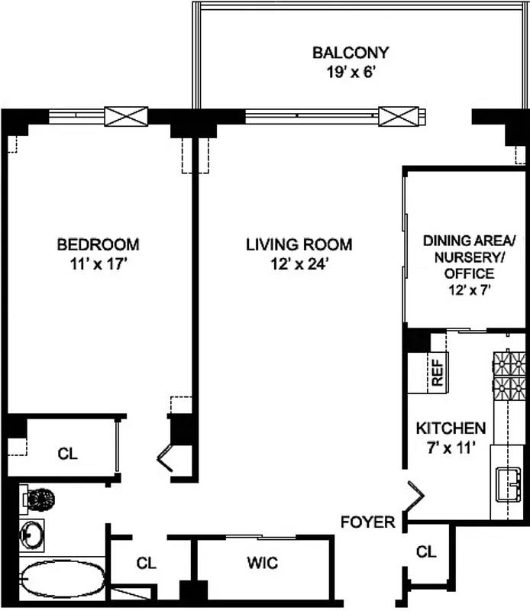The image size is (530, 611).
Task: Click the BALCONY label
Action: [x=351, y=53]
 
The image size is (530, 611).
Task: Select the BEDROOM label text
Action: [x=99, y=244]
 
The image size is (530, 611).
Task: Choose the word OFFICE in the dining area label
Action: [x=470, y=273]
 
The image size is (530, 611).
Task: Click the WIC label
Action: [x=262, y=564]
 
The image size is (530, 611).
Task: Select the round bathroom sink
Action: [x=34, y=535]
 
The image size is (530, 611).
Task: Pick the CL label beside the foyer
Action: [x=426, y=551]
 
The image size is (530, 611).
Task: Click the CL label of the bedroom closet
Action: [x=68, y=453]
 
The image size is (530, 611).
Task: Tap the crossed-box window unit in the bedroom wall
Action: [x=125, y=117]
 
